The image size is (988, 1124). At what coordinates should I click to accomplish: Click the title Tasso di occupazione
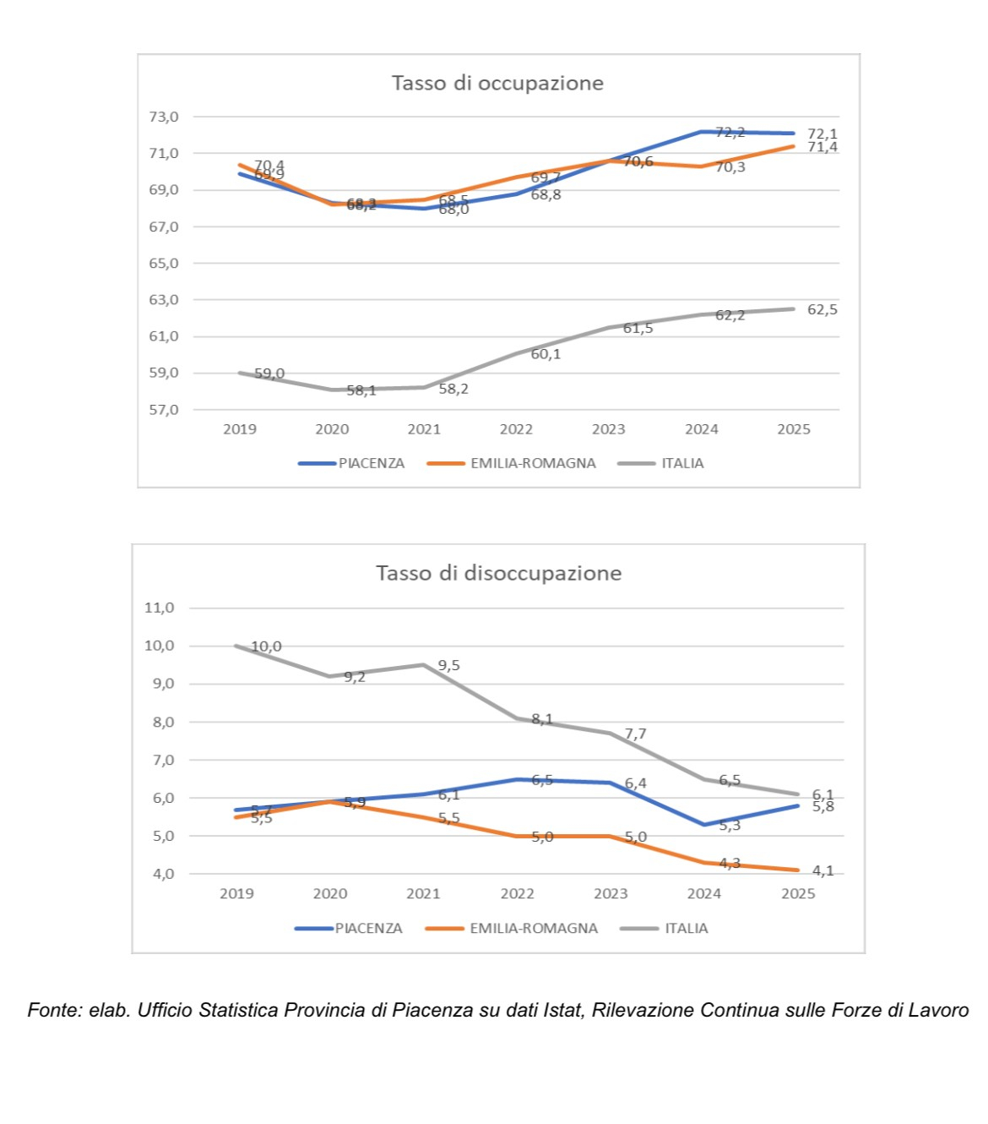(497, 83)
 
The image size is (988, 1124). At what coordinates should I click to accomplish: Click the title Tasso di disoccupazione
(498, 573)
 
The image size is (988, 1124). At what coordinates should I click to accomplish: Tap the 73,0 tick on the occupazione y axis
(164, 117)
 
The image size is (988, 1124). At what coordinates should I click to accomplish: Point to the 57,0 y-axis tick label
(164, 410)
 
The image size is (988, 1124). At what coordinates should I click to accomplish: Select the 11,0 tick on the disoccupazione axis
(159, 608)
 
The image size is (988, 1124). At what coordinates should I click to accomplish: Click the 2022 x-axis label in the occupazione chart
(516, 429)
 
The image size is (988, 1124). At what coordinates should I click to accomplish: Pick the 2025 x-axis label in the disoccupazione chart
(798, 894)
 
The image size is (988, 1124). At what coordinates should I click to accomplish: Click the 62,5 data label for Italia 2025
(822, 309)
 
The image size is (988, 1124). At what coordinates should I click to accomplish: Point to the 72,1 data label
(822, 134)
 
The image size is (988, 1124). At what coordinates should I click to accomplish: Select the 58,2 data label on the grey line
(453, 389)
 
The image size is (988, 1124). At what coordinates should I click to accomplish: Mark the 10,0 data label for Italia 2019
(266, 647)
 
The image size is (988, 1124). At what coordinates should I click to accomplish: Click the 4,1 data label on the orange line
(822, 870)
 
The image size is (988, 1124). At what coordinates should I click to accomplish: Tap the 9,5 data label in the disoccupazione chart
(449, 666)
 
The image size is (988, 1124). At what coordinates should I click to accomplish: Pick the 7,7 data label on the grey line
(635, 734)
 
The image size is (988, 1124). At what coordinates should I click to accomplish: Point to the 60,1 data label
(546, 354)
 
